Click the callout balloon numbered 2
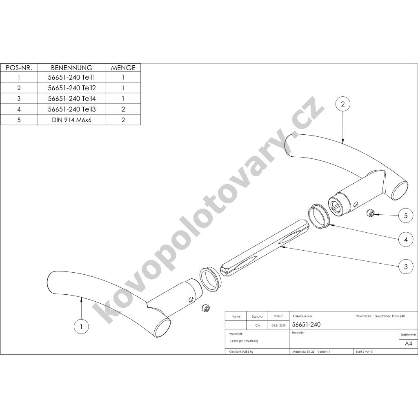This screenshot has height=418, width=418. (x=343, y=104)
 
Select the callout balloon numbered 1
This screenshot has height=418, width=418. (x=81, y=326)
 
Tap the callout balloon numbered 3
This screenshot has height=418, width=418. (x=406, y=266)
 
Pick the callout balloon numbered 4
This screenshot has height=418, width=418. (x=406, y=239)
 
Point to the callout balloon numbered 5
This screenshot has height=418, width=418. (x=406, y=216)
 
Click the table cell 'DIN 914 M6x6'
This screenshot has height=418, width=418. (x=72, y=120)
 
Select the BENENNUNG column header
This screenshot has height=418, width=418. (x=72, y=68)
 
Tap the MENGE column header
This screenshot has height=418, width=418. (x=123, y=68)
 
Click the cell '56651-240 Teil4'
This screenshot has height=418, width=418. (x=72, y=99)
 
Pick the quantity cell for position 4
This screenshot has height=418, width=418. (x=123, y=109)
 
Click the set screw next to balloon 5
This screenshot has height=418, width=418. (x=370, y=213)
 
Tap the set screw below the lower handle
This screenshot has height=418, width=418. (x=206, y=307)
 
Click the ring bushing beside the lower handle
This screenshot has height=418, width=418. (x=211, y=278)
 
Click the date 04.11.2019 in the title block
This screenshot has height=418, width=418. (x=278, y=325)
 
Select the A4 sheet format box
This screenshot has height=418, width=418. (x=408, y=344)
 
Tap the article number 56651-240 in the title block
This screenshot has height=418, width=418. (x=306, y=325)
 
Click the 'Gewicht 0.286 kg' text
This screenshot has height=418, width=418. (x=241, y=351)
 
